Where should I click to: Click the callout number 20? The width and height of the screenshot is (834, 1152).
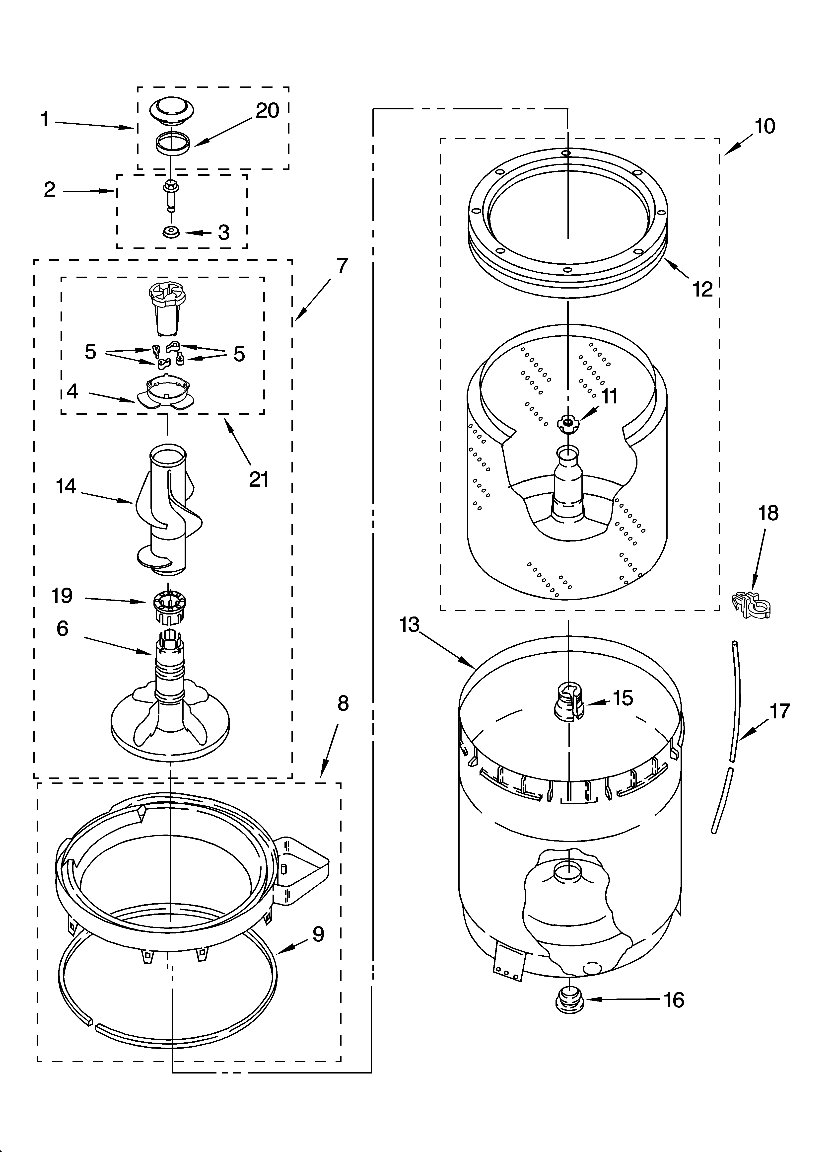(267, 111)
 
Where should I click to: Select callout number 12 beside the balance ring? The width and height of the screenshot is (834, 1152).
(702, 290)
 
